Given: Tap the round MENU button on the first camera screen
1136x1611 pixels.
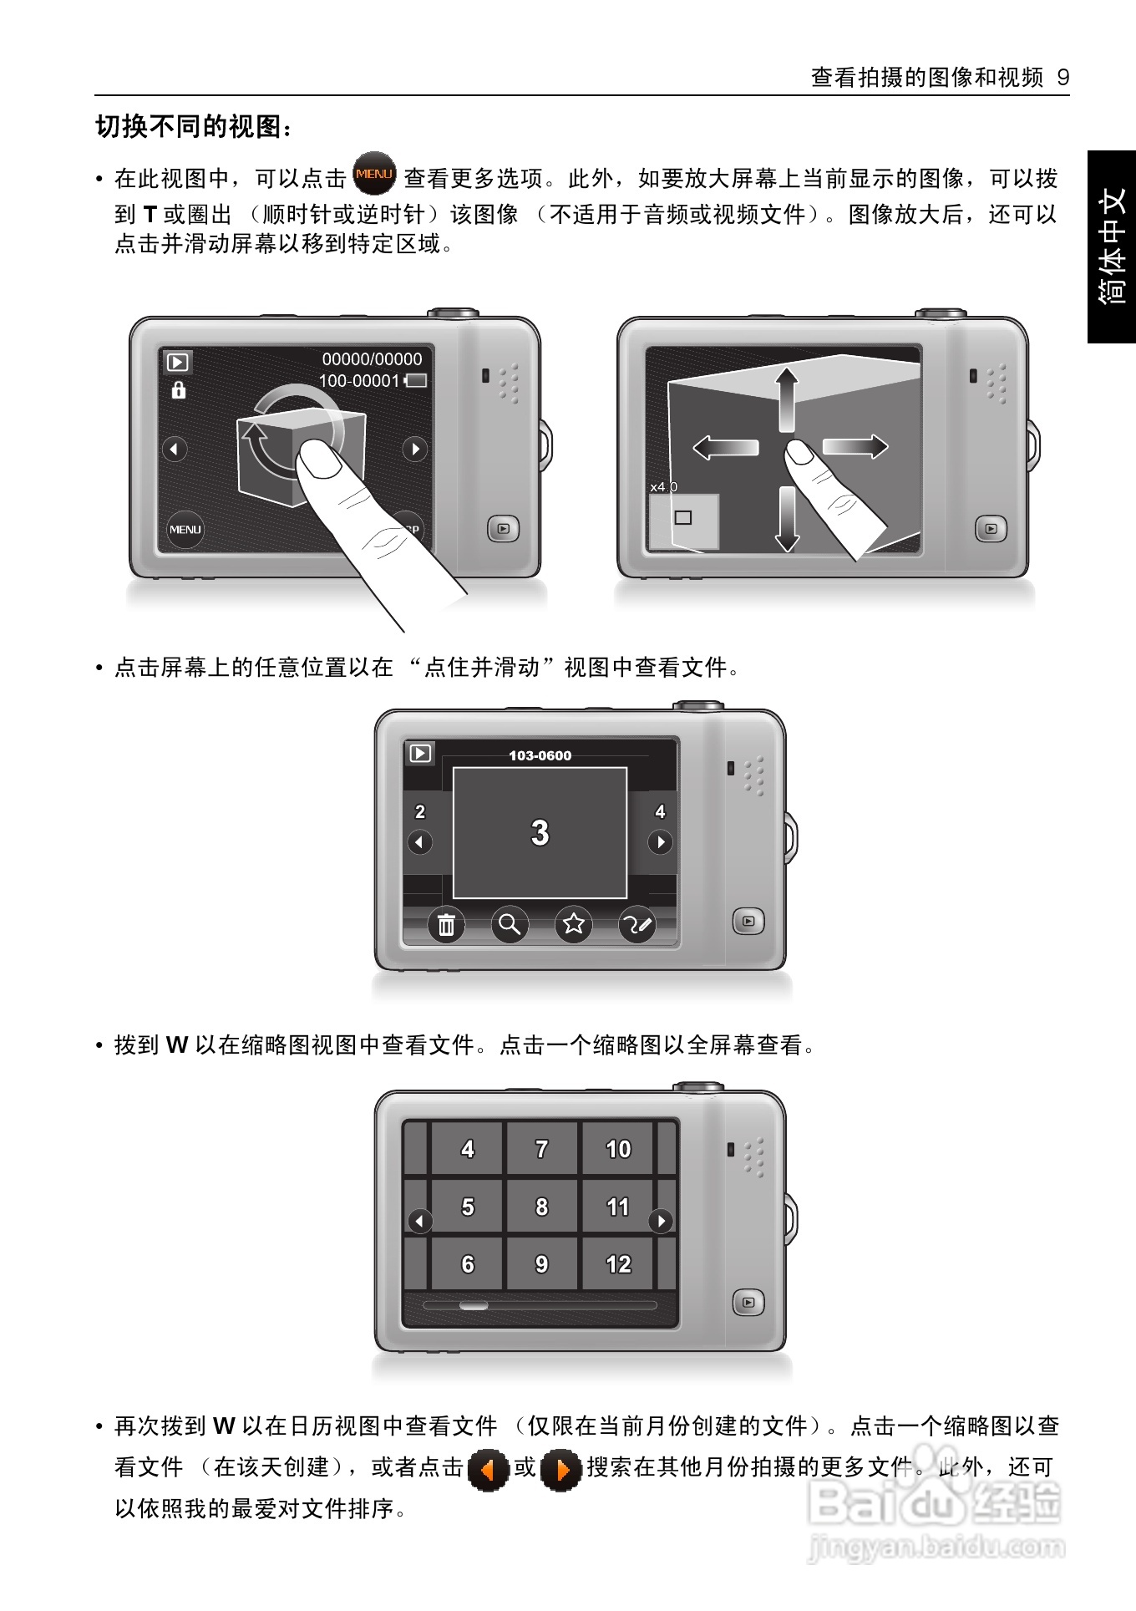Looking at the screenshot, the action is (x=185, y=529).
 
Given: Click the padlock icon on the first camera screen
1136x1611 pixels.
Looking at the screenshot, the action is (x=178, y=389).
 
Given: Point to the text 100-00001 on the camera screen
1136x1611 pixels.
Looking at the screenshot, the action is (x=359, y=381).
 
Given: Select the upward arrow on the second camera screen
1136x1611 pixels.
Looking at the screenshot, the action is (x=786, y=399).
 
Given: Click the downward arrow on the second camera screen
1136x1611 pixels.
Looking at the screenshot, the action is (x=786, y=518).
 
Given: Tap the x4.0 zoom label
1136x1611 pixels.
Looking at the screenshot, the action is (x=664, y=486).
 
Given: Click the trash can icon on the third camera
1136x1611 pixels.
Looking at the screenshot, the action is (x=447, y=924).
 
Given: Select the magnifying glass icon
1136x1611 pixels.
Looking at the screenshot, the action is (x=510, y=924).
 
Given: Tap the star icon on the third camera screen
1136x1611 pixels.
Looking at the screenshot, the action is (x=573, y=924).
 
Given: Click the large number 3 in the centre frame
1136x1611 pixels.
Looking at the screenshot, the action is (x=540, y=833).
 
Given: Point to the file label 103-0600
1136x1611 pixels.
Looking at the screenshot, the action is (x=540, y=755).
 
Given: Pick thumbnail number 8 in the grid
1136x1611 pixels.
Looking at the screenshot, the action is (x=541, y=1207).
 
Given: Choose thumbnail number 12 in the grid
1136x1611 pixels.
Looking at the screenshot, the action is (x=618, y=1264).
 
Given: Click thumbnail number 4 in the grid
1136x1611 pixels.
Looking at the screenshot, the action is (x=467, y=1149).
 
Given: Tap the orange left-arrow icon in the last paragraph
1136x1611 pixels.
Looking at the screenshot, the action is (x=489, y=1469).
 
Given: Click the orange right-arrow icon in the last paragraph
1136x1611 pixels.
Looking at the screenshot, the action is (x=560, y=1469).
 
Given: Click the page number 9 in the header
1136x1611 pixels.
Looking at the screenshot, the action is (x=1062, y=78).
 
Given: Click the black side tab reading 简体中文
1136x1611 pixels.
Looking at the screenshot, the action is (x=1112, y=246).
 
